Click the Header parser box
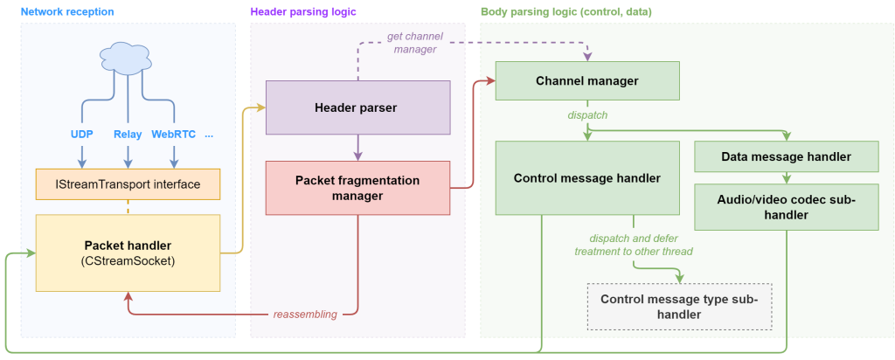[x=357, y=107]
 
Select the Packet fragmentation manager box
[x=357, y=188]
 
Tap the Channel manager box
[x=587, y=80]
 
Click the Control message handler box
[x=587, y=178]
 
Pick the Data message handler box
[x=787, y=156]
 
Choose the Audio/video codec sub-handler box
[x=787, y=207]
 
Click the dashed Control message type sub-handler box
[x=679, y=307]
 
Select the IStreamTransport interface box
[x=128, y=184]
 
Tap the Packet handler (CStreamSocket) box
[x=128, y=253]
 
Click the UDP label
[x=81, y=135]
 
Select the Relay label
[x=128, y=135]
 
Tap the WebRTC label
[x=174, y=135]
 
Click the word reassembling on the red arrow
[x=305, y=315]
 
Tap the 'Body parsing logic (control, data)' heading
[x=566, y=11]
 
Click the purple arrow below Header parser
[x=357, y=148]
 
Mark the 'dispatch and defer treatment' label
[x=634, y=245]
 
